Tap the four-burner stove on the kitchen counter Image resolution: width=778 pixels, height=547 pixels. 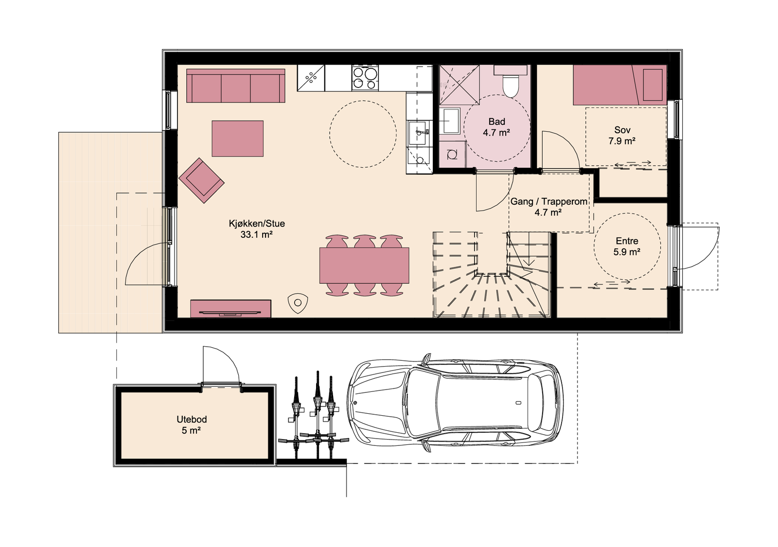pyautogui.click(x=365, y=78)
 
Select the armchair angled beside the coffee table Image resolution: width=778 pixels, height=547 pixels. pyautogui.click(x=201, y=180)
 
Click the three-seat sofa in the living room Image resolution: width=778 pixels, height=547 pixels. pyautogui.click(x=236, y=86)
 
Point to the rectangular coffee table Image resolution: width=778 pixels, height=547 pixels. pyautogui.click(x=237, y=139)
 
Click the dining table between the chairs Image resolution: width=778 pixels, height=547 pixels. pyautogui.click(x=364, y=265)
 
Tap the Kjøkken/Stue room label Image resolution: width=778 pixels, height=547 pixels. pyautogui.click(x=257, y=224)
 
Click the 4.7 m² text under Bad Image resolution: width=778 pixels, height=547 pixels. pyautogui.click(x=496, y=133)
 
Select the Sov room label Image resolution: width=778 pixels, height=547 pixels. pyautogui.click(x=622, y=130)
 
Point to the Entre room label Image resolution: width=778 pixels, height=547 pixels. pyautogui.click(x=627, y=241)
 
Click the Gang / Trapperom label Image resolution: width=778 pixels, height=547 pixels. pyautogui.click(x=548, y=201)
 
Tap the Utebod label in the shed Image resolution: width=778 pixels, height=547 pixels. pyautogui.click(x=192, y=419)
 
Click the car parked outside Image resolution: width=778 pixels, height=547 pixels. pyautogui.click(x=455, y=403)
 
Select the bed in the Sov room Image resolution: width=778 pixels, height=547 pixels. pyautogui.click(x=619, y=85)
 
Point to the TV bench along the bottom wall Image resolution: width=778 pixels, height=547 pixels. pyautogui.click(x=230, y=309)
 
